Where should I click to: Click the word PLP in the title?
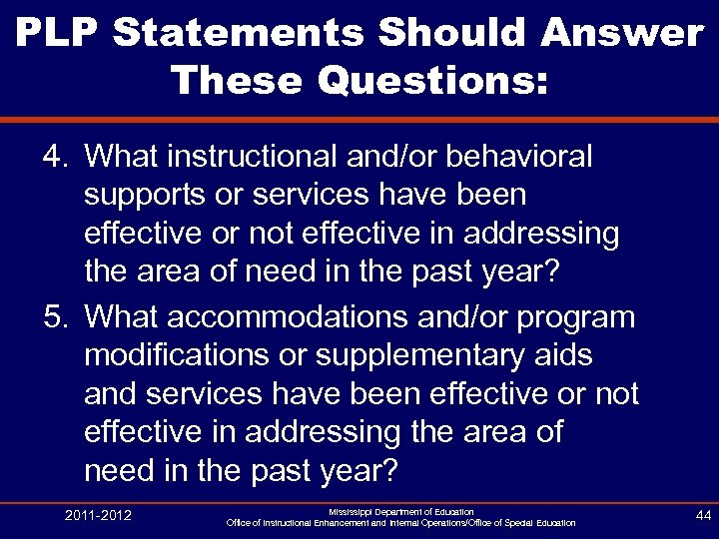pos(57,32)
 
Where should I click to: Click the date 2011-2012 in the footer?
pos(98,515)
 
